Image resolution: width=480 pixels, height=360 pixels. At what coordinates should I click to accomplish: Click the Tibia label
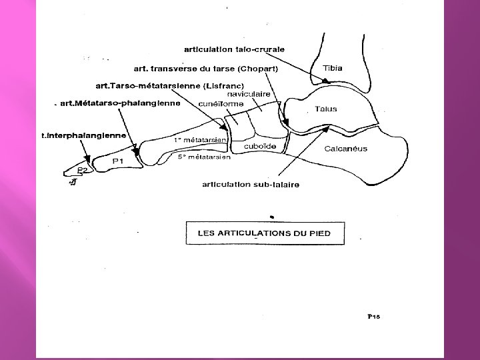click(x=333, y=69)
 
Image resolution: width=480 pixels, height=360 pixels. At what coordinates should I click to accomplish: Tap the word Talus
click(x=325, y=109)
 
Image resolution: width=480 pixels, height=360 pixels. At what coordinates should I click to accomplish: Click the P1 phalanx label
click(x=119, y=161)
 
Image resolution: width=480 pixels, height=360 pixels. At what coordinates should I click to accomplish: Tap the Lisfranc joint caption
click(x=171, y=85)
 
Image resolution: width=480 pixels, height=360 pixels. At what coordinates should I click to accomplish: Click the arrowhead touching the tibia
click(x=325, y=81)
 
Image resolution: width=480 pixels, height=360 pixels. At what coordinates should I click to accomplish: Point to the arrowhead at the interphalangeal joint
click(x=87, y=160)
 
